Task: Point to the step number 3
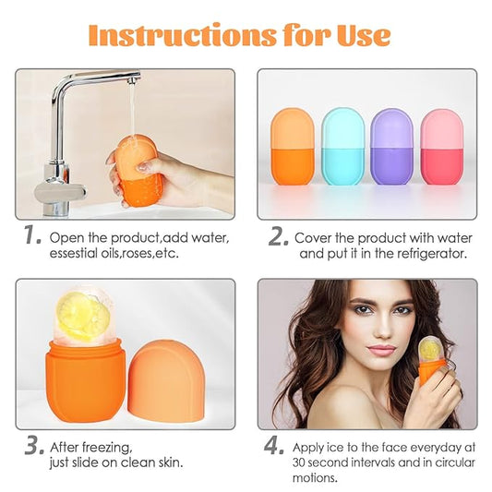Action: click(x=32, y=447)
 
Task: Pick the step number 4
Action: click(x=275, y=447)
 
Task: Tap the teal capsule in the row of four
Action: click(x=342, y=146)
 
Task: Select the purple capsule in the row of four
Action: click(x=391, y=146)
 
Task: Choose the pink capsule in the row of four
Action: click(x=441, y=146)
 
